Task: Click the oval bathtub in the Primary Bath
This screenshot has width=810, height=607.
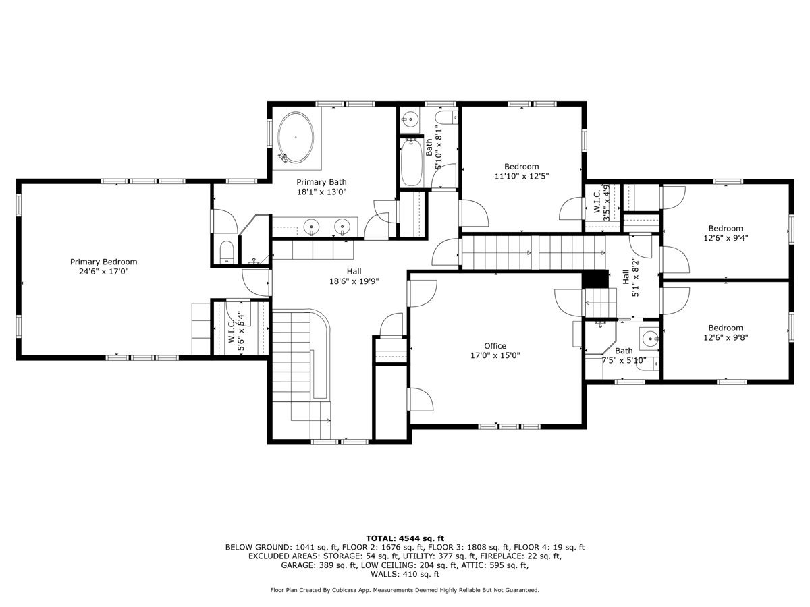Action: (296, 137)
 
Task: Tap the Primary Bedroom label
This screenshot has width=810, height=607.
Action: (104, 266)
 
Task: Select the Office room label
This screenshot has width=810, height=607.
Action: (495, 346)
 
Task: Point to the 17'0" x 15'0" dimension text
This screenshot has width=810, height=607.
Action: (495, 355)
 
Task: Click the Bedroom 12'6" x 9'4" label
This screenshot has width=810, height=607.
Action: (726, 233)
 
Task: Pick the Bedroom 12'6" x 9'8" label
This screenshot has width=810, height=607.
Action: (726, 333)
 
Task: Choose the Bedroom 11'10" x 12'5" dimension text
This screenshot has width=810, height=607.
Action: (521, 176)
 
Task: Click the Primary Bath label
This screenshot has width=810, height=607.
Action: (321, 187)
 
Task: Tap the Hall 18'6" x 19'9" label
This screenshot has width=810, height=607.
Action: (354, 277)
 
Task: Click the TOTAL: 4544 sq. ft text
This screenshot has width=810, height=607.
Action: (405, 538)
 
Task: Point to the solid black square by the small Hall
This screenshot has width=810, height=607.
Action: (595, 279)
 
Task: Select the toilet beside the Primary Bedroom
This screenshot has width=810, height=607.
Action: (227, 252)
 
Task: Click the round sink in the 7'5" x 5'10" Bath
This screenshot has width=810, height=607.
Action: (649, 338)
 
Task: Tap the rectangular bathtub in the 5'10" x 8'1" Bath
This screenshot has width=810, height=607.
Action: (412, 163)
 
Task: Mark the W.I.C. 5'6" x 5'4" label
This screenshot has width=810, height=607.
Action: (236, 332)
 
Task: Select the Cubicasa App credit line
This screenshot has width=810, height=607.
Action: (405, 590)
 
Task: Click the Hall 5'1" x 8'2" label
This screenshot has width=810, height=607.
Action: (630, 277)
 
